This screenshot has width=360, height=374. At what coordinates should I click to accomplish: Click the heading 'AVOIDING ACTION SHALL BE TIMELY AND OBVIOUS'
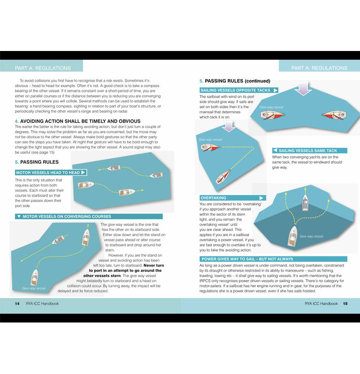pos(78,121)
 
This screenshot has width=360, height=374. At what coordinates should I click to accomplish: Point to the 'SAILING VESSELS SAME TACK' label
pos(307,151)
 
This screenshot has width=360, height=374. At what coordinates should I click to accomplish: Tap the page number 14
pos(17,304)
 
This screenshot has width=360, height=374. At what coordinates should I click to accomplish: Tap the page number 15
pos(345,304)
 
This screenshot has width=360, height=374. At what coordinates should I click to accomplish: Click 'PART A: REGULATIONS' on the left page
pos(43,68)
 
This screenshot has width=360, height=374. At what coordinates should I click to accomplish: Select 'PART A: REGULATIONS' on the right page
pos(319,68)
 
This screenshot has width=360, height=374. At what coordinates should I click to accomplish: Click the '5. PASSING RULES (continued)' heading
pos(235,81)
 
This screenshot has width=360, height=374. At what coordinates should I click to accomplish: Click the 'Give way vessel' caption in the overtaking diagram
pos(311,236)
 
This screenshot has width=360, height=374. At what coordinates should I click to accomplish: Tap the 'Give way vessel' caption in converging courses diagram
pos(34,288)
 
